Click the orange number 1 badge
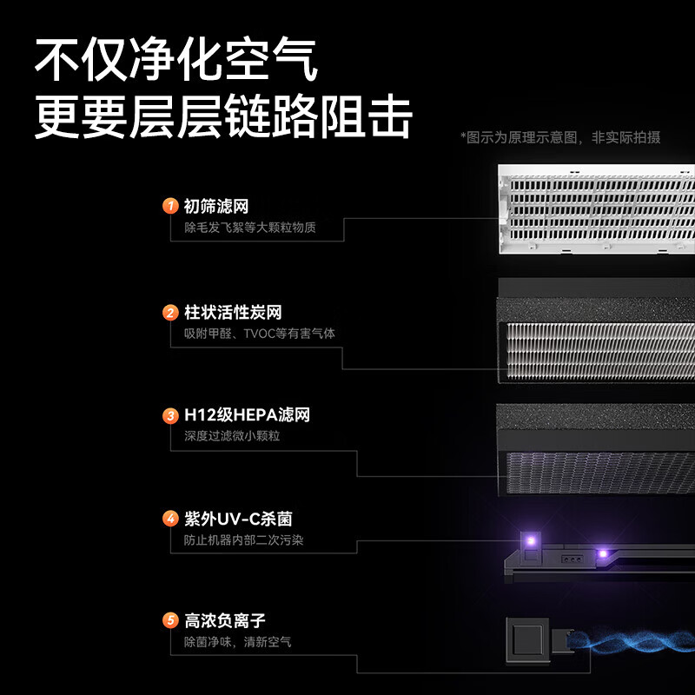170,206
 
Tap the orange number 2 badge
170,313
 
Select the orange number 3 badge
170,416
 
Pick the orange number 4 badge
170,519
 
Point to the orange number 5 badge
170,620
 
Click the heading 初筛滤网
216,206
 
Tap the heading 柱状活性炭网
233,313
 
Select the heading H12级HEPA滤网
247,415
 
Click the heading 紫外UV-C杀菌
238,519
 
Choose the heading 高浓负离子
225,620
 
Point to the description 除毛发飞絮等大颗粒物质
250,228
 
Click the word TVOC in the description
260,334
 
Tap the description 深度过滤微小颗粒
232,436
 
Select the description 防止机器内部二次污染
244,539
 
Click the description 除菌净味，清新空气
237,642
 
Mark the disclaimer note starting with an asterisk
560,137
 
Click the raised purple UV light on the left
530,540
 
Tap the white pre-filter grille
596,209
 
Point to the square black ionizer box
527,640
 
